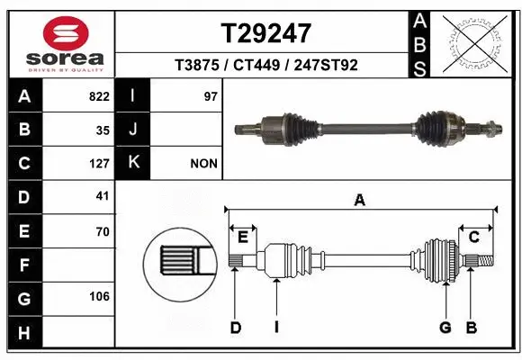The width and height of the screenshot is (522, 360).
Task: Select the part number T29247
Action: (266, 33)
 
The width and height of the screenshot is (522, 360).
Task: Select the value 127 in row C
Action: (99, 164)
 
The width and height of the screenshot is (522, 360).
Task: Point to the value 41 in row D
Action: (102, 196)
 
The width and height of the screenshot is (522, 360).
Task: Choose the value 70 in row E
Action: (102, 231)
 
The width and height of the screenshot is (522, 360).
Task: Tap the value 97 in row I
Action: (211, 96)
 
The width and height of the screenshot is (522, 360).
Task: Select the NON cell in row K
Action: (203, 164)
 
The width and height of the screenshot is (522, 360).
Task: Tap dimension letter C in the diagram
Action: (473, 236)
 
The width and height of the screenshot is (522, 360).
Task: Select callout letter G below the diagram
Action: (445, 328)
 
